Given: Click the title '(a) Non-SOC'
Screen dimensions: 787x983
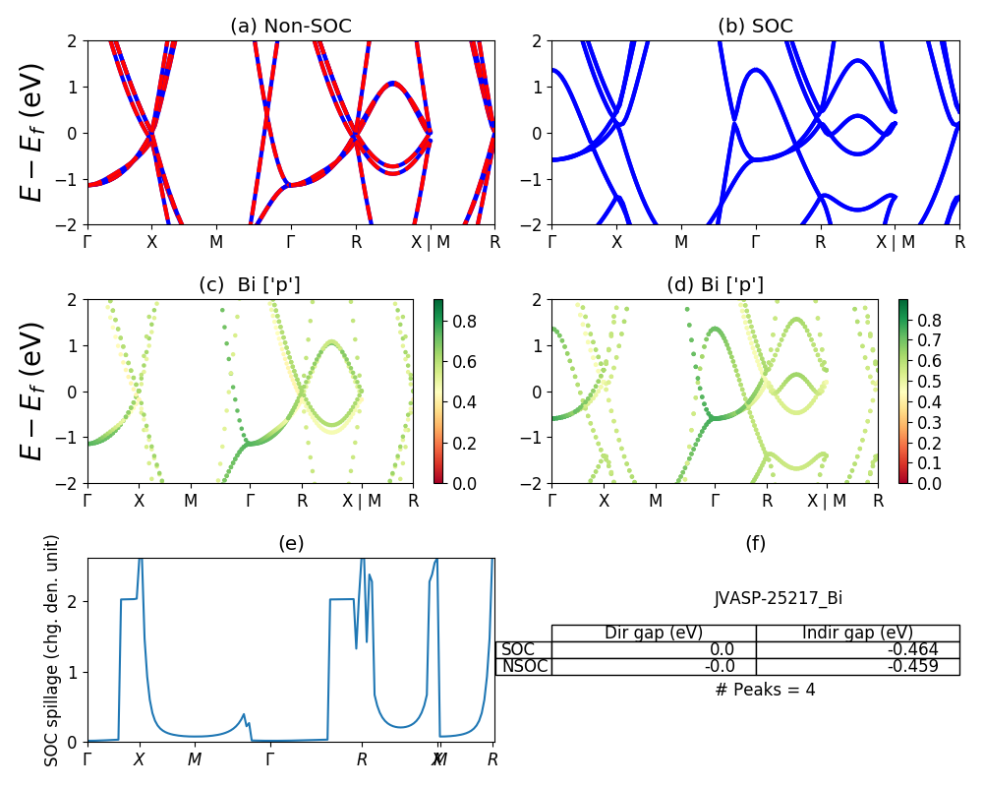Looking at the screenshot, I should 290,27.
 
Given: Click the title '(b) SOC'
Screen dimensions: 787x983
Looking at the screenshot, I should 755,27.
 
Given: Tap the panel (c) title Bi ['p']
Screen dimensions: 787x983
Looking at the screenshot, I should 250,285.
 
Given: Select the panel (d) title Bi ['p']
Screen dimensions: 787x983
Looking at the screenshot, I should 715,285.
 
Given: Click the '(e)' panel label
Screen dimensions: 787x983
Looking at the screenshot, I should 290,543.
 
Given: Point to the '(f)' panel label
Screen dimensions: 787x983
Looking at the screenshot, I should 755,543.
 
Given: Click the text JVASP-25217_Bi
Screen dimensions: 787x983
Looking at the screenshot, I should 778,598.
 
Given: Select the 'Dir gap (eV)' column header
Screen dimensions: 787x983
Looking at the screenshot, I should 654,633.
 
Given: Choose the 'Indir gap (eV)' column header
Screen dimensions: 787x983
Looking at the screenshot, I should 857,633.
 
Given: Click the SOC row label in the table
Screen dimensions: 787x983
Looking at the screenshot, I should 518,649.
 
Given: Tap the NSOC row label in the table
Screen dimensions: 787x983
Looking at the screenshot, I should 524,666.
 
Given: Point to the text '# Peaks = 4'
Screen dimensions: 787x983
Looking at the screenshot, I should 765,690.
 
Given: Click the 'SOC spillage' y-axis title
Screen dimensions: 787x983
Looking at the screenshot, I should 52,650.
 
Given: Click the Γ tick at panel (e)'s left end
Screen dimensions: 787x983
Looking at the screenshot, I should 87,758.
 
